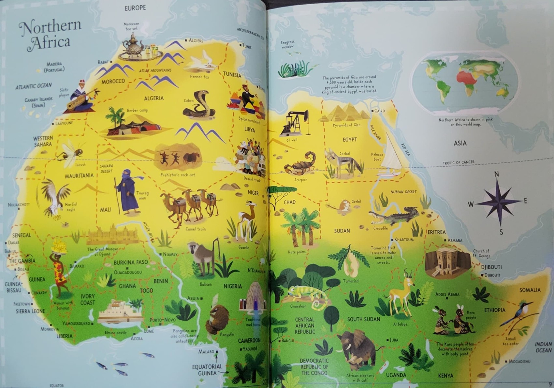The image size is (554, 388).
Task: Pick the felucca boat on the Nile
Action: [391, 157]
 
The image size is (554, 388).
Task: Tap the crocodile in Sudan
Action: [394, 215]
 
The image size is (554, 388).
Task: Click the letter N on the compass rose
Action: [496, 174]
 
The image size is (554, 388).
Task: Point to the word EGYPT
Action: [350, 140]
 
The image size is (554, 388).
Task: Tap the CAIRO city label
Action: [379, 111]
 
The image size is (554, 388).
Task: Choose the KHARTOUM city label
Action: [404, 240]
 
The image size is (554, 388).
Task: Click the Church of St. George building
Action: [446, 262]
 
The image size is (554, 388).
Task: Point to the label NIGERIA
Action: [233, 286]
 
